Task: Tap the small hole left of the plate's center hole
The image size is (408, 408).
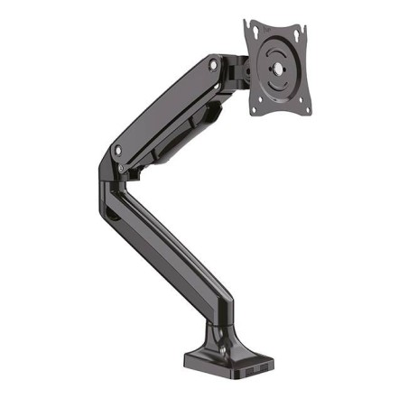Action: click(x=262, y=71)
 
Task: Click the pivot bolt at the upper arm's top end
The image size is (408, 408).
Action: click(x=213, y=65)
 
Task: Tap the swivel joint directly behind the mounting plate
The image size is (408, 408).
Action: click(x=241, y=70)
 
